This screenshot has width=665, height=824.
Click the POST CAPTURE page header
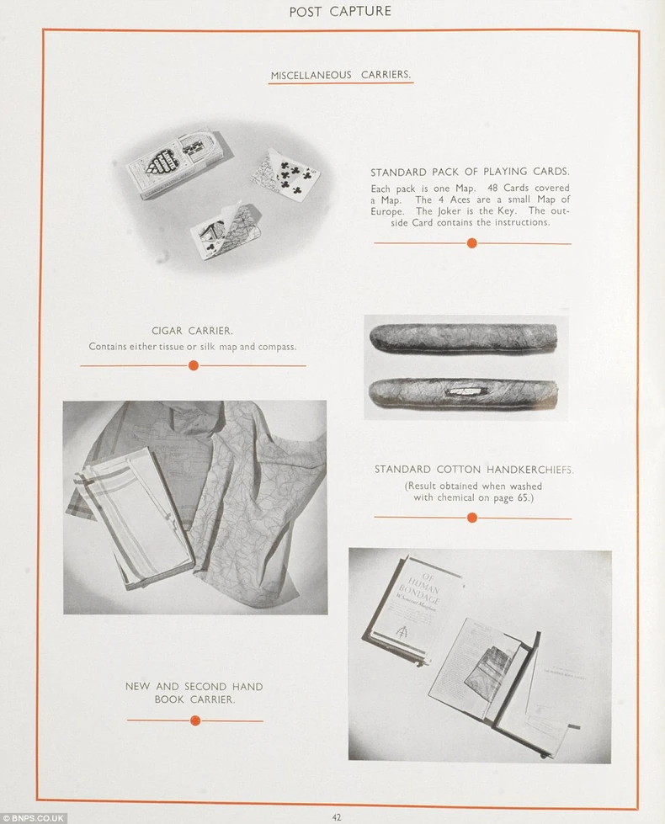pyautogui.click(x=340, y=11)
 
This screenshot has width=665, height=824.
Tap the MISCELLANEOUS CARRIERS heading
pyautogui.click(x=341, y=75)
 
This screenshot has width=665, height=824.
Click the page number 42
pyautogui.click(x=337, y=817)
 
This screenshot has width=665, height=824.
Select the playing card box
pyautogui.click(x=178, y=164)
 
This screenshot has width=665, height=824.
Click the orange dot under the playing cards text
pyautogui.click(x=472, y=242)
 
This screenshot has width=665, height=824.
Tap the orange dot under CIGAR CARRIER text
pyautogui.click(x=194, y=365)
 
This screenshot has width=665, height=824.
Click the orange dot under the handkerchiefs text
pyautogui.click(x=472, y=518)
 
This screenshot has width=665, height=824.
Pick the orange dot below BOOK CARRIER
pyautogui.click(x=195, y=720)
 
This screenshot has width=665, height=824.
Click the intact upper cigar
pyautogui.click(x=463, y=338)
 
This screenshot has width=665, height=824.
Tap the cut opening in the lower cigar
pyautogui.click(x=467, y=391)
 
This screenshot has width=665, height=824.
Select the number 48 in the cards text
pyautogui.click(x=492, y=188)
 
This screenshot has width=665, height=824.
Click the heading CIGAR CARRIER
pyautogui.click(x=192, y=331)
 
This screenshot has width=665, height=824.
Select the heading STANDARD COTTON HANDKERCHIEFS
pyautogui.click(x=474, y=470)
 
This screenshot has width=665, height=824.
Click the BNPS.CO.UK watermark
pyautogui.click(x=33, y=818)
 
